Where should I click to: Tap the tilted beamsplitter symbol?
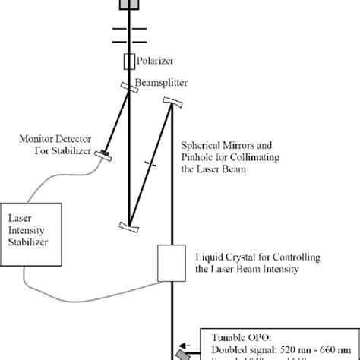pos(128,87)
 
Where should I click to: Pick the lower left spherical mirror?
pos(128,227)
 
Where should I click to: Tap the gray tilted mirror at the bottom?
pos(182,355)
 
